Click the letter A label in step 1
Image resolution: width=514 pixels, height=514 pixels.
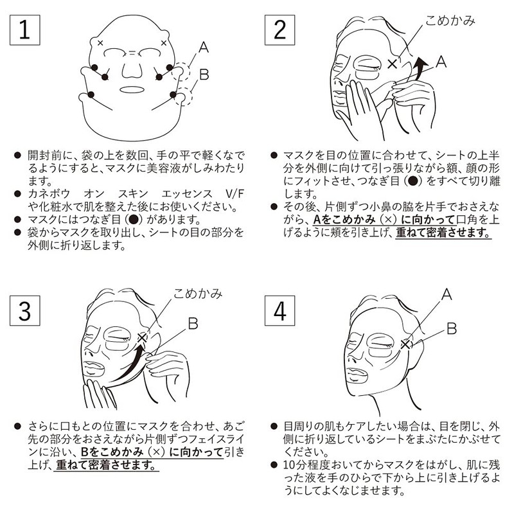coord(202,47)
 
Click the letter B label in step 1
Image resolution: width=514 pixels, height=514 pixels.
coord(204,75)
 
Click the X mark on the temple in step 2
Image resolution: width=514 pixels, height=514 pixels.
coord(393,63)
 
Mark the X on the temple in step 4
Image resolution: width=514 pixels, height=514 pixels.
coord(405,344)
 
